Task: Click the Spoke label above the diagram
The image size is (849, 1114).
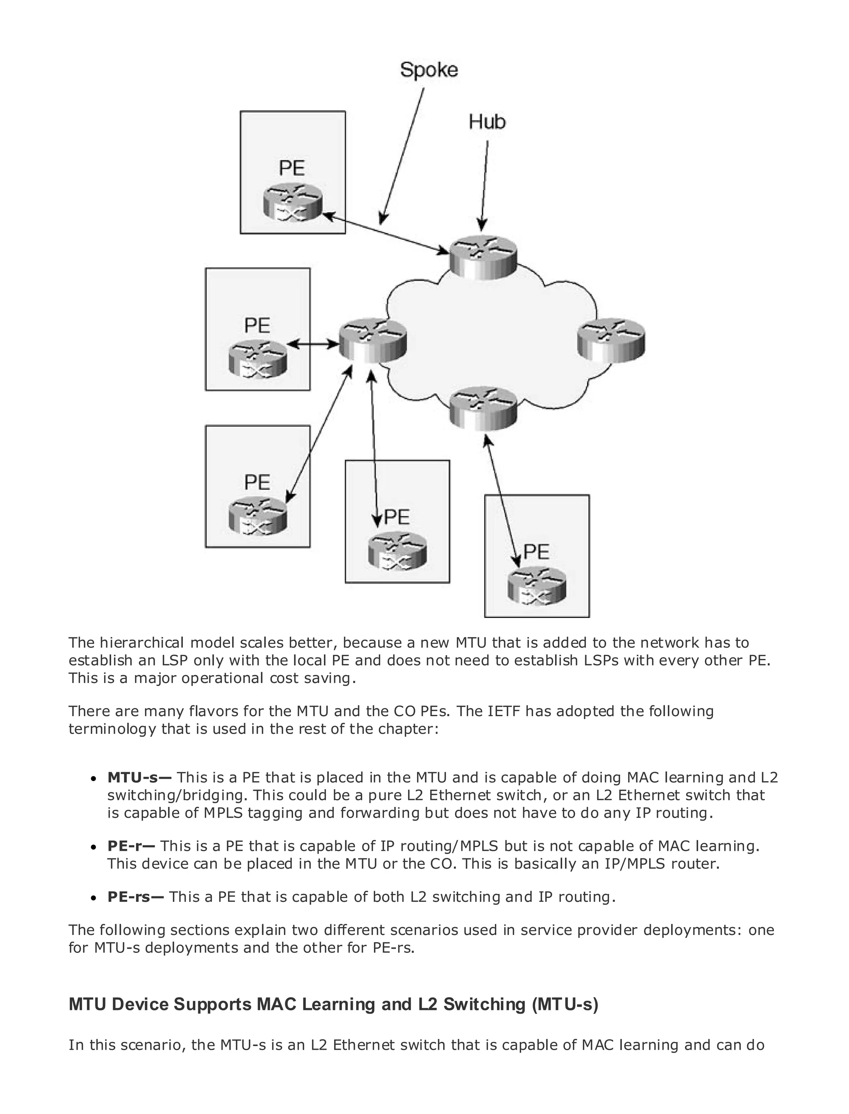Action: (429, 70)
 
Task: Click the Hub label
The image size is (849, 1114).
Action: (487, 122)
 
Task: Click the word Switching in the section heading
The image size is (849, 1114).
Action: (484, 1004)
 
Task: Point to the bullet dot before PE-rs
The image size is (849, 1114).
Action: (94, 898)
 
